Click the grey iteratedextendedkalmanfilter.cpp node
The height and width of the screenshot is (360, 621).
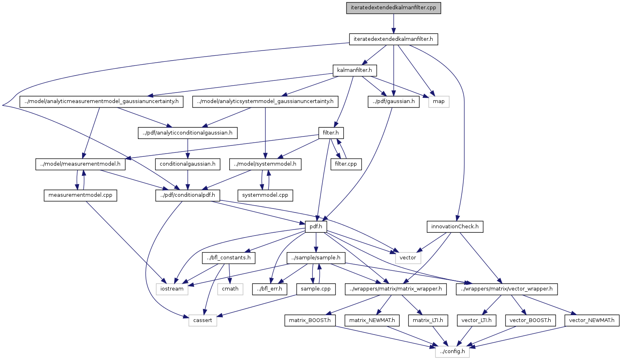[393, 8]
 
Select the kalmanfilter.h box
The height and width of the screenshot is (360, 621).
[355, 71]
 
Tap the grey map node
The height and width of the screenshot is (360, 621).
[439, 101]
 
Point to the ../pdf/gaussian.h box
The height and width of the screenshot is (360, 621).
[393, 101]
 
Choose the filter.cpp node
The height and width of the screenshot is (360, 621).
[346, 164]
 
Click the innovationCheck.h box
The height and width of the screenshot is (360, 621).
[455, 227]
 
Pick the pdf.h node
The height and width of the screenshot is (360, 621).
[316, 227]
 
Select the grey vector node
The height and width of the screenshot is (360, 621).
[408, 258]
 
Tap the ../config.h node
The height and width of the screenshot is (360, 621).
[452, 352]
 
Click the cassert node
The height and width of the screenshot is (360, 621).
[203, 320]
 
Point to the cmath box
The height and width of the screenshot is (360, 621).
[230, 289]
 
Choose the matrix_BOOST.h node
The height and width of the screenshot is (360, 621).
[310, 320]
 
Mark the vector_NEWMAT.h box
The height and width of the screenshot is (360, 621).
[592, 320]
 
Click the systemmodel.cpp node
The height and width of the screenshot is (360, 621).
[265, 195]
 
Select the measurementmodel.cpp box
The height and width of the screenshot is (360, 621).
[80, 195]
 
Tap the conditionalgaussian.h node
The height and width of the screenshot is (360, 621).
[188, 164]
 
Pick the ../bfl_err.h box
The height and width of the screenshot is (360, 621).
[270, 289]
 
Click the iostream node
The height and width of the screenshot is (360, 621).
[172, 289]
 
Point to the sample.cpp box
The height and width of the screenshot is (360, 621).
[316, 289]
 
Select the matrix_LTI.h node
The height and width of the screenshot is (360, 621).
[428, 320]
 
